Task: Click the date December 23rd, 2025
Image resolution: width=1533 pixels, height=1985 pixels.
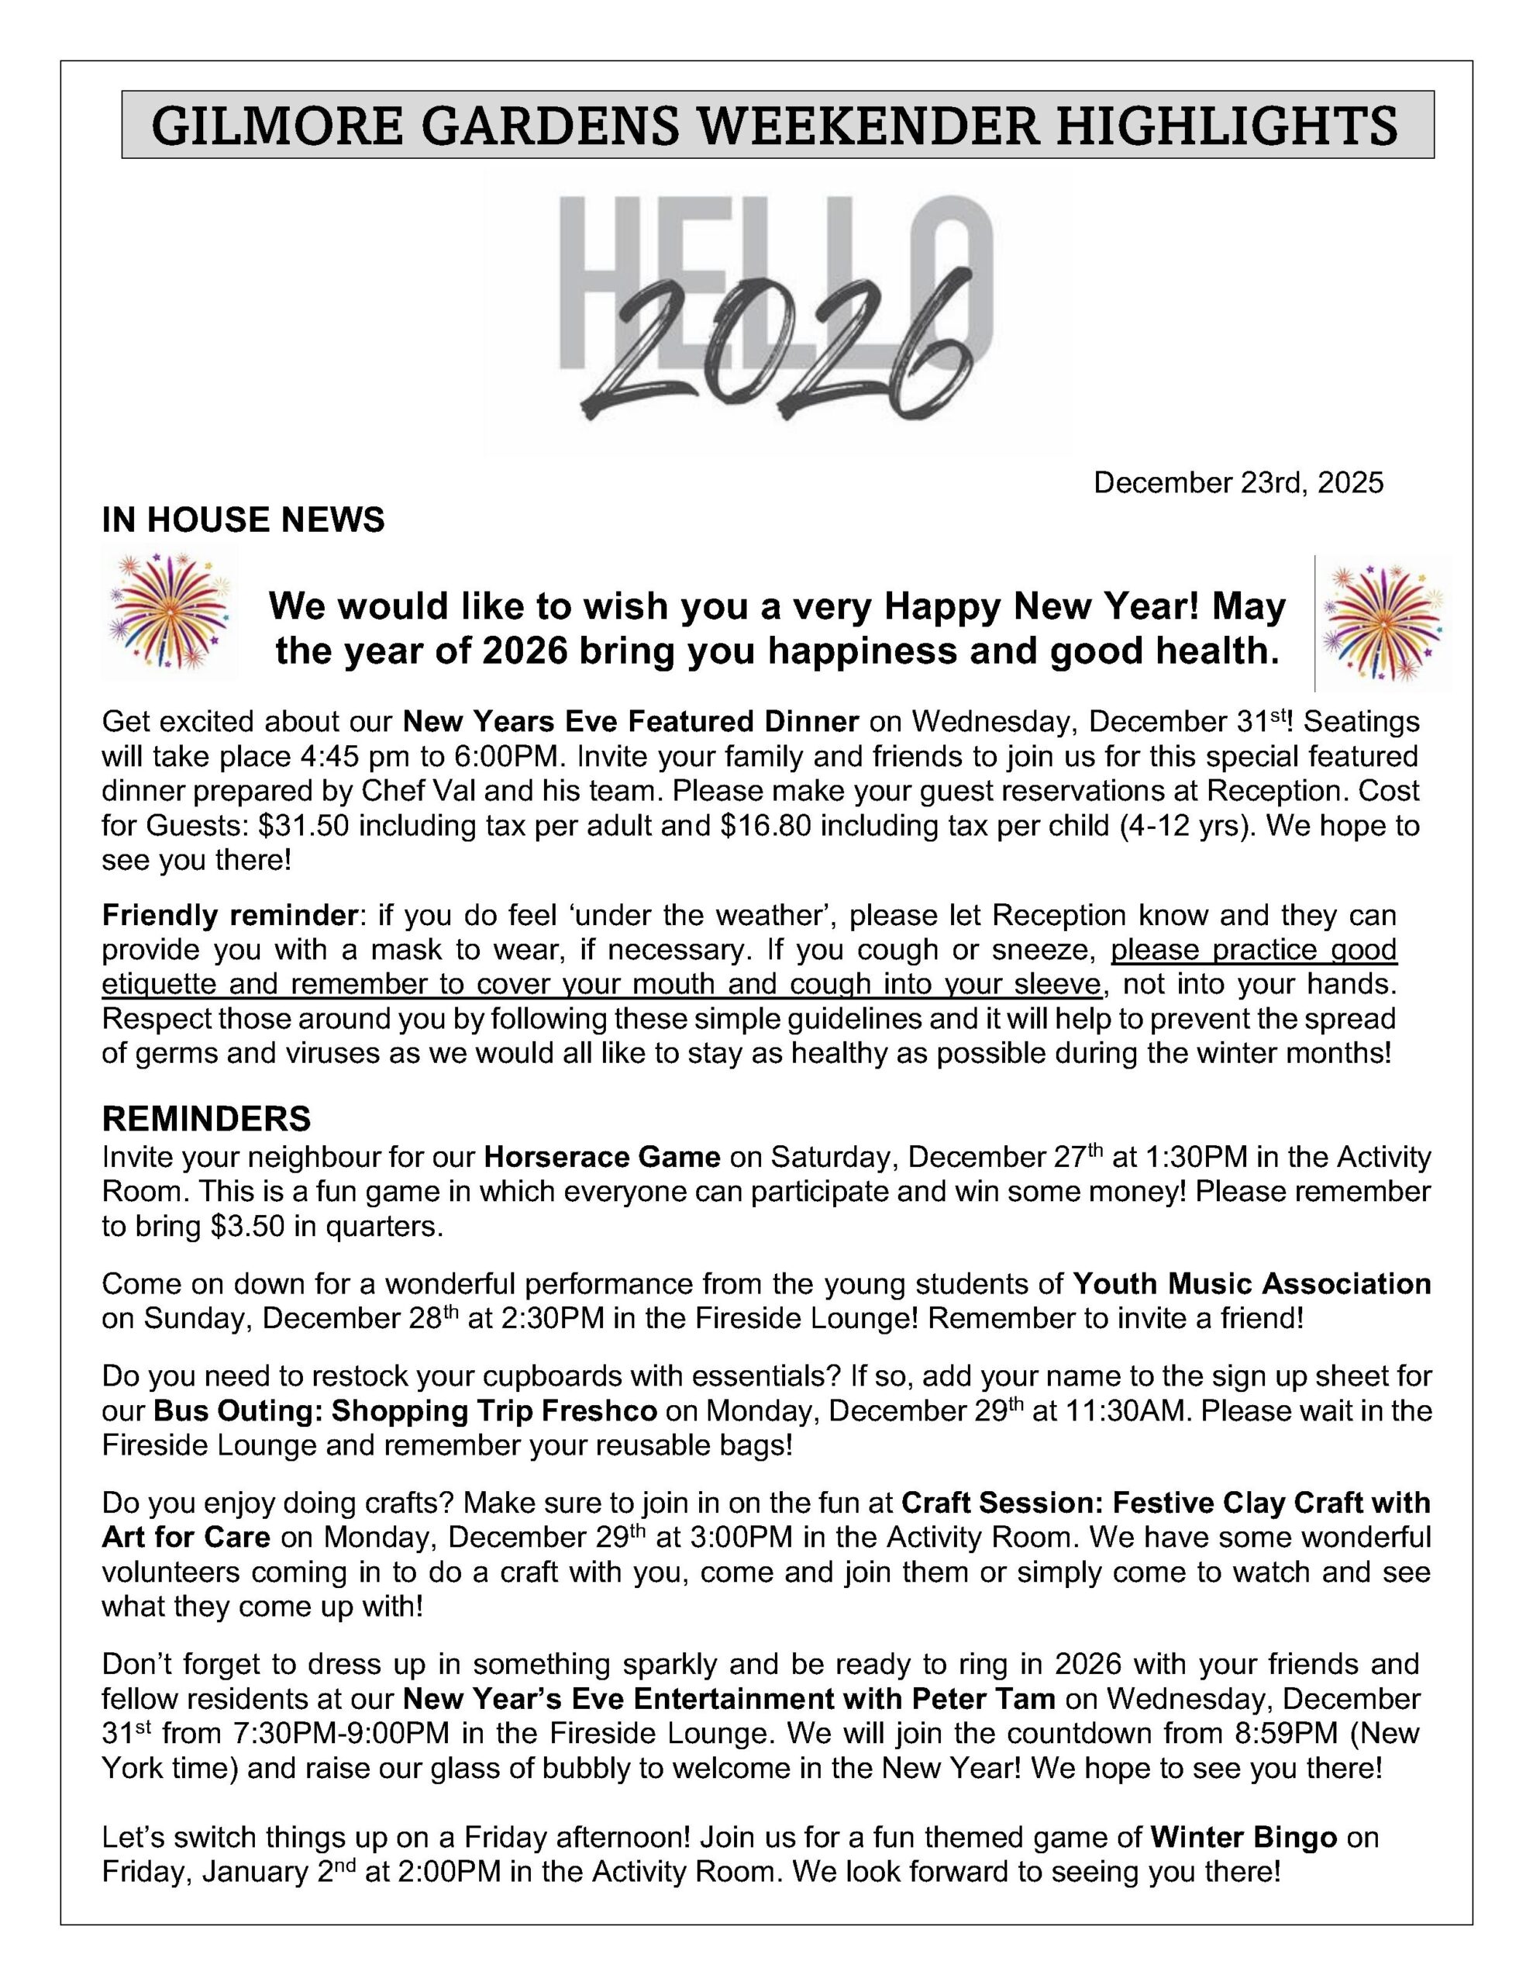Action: [x=1238, y=482]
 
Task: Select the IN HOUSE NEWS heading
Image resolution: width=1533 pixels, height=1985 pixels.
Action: [x=243, y=520]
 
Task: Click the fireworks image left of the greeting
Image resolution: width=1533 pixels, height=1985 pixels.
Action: [x=169, y=611]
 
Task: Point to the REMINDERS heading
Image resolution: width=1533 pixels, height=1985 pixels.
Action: [x=206, y=1118]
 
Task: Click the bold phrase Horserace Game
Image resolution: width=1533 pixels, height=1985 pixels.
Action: [x=601, y=1157]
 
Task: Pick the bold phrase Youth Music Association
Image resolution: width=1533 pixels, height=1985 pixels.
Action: [x=1252, y=1283]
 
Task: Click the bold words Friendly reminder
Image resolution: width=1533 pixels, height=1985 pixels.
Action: [x=228, y=913]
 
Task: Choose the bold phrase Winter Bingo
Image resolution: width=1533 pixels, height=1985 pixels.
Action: [x=1243, y=1837]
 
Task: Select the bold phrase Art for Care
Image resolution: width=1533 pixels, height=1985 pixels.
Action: [x=186, y=1537]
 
